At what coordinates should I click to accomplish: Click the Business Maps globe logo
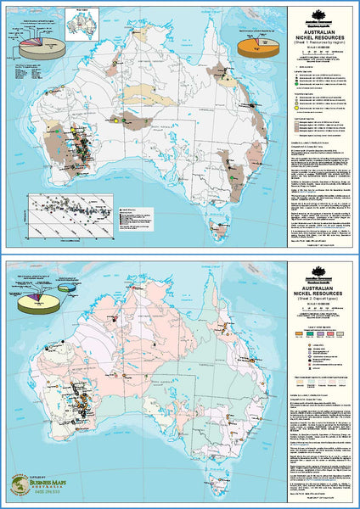pyautogui.click(x=20, y=484)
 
